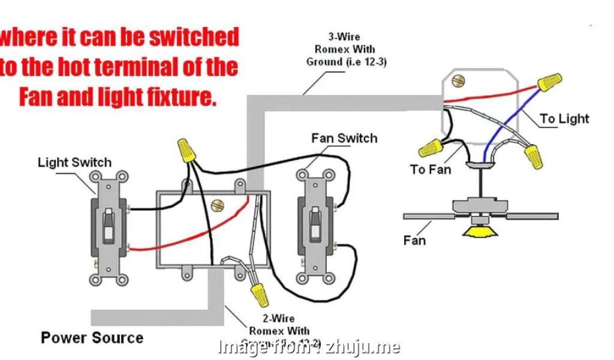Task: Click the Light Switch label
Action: (74, 162)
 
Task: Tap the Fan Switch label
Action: (344, 139)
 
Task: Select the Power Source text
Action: (92, 338)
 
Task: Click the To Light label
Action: (564, 118)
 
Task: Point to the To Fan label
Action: (431, 169)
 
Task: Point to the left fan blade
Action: (428, 215)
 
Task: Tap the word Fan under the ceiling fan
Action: (414, 241)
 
